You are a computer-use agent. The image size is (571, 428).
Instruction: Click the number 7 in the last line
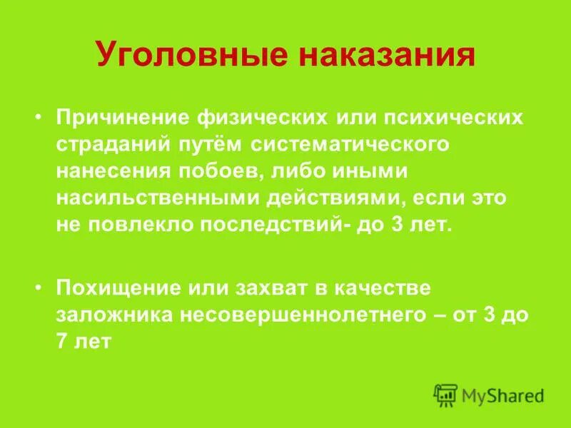click(x=63, y=342)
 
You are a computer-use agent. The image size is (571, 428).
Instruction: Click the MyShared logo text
click(x=502, y=394)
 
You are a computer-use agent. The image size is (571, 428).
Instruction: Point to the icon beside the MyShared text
click(x=445, y=394)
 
